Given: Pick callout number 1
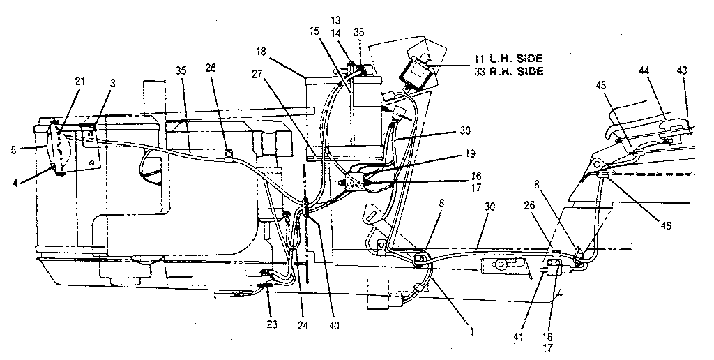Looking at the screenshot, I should click(x=471, y=331).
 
